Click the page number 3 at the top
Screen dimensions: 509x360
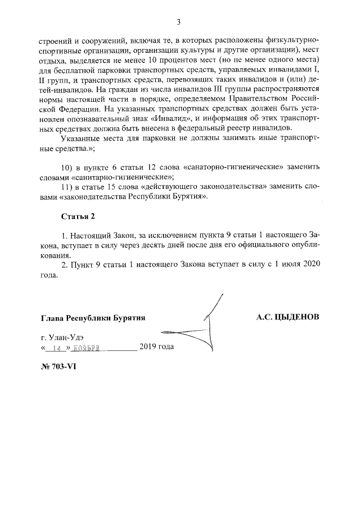tap(178, 22)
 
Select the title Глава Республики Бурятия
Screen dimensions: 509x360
tap(93, 318)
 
